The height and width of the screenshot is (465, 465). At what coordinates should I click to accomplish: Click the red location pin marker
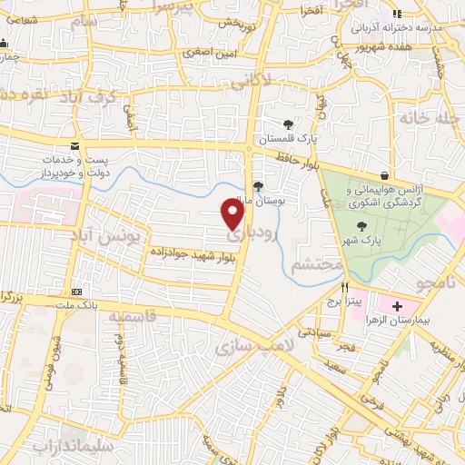pyautogui.click(x=233, y=214)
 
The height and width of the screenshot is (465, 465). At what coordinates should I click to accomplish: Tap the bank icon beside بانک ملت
pyautogui.click(x=76, y=292)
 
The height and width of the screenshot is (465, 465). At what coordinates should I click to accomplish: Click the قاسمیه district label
pyautogui.click(x=130, y=318)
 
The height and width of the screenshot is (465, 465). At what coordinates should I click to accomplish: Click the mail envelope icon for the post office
pyautogui.click(x=74, y=146)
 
